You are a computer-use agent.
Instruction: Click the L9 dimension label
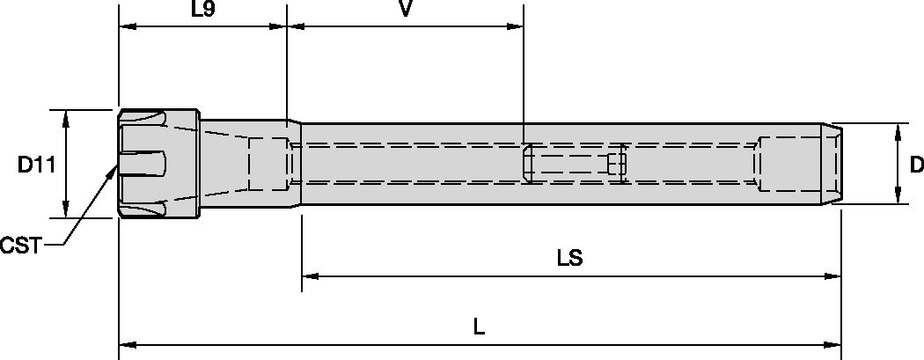(x=204, y=11)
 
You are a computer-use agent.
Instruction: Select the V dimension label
(x=406, y=11)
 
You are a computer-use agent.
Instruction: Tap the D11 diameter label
(x=36, y=165)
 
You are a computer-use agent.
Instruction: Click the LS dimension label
(x=570, y=260)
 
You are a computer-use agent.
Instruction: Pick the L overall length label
(x=478, y=327)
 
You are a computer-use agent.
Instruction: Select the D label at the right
(x=915, y=165)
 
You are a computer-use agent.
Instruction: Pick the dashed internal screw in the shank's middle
(x=573, y=164)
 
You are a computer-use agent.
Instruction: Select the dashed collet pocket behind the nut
(x=268, y=164)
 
